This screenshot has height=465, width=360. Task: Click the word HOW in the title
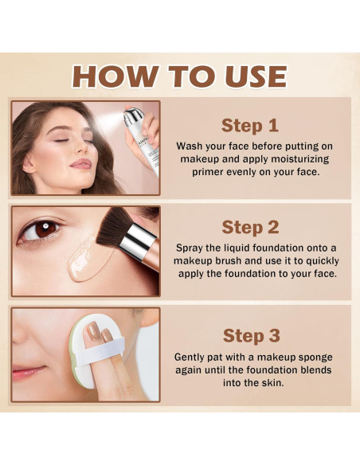tap(113, 76)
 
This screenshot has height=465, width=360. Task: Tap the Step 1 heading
tap(250, 125)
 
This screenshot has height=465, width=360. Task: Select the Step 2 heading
tap(250, 228)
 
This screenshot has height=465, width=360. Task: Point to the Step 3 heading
tap(250, 334)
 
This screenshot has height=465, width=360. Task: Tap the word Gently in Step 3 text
tap(194, 358)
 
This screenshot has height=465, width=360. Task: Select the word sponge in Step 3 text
tap(311, 358)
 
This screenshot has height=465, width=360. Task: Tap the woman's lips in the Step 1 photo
tap(80, 164)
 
